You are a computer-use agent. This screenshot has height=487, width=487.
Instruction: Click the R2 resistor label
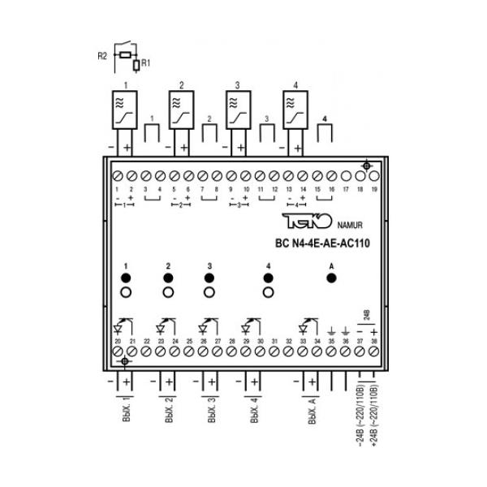coord(102,56)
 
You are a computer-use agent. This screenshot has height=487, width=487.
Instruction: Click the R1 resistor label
coord(144,62)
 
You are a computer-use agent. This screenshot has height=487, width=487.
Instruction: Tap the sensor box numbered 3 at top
coord(236,111)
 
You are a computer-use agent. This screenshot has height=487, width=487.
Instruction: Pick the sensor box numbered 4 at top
coord(295,111)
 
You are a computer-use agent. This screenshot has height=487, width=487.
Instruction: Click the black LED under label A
coord(331,278)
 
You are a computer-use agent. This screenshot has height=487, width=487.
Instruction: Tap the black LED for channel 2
coord(168,278)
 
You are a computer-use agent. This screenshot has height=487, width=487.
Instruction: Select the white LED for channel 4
coord(268,293)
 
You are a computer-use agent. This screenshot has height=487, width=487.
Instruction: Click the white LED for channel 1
coord(126,293)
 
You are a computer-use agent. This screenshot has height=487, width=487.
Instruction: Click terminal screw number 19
coord(375,175)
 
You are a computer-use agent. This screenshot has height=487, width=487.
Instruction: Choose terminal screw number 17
coord(347,175)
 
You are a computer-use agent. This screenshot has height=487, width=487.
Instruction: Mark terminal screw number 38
coord(374,352)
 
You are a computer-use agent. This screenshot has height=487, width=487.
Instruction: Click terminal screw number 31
coord(274,352)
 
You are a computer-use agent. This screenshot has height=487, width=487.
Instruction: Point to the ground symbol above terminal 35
coord(331,331)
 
